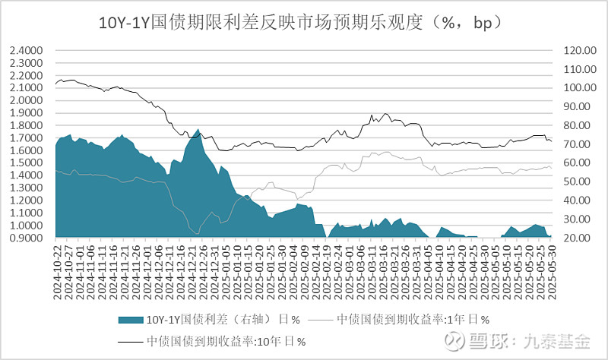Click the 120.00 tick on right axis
pos(579,51)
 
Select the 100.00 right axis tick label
pos(579,88)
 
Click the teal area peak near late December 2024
pos(198,130)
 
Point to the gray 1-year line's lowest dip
pos(198,234)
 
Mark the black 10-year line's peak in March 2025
pos(386,114)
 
